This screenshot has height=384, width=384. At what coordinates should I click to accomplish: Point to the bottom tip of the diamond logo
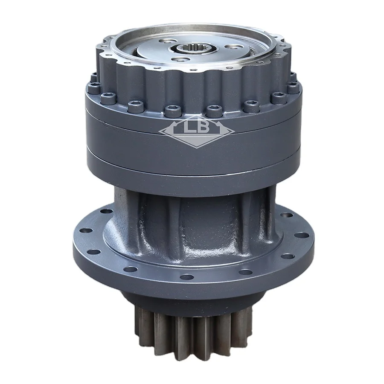click(192, 149)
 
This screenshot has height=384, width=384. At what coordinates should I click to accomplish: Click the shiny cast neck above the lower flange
click(192, 218)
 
